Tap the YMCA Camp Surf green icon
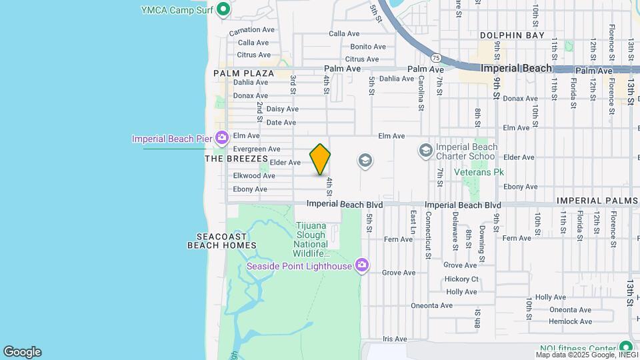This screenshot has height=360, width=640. [x=224, y=9]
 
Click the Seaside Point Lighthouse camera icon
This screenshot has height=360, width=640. [x=362, y=266]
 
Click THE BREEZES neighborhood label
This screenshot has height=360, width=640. [x=236, y=159]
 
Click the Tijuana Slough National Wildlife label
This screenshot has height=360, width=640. [x=311, y=239]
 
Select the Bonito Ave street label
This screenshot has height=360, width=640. [x=368, y=47]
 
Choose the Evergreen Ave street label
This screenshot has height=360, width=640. [x=257, y=149]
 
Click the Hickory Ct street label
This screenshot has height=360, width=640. [x=462, y=279]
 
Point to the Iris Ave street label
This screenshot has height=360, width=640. [x=395, y=339]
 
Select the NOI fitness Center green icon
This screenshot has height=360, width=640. [x=625, y=347]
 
